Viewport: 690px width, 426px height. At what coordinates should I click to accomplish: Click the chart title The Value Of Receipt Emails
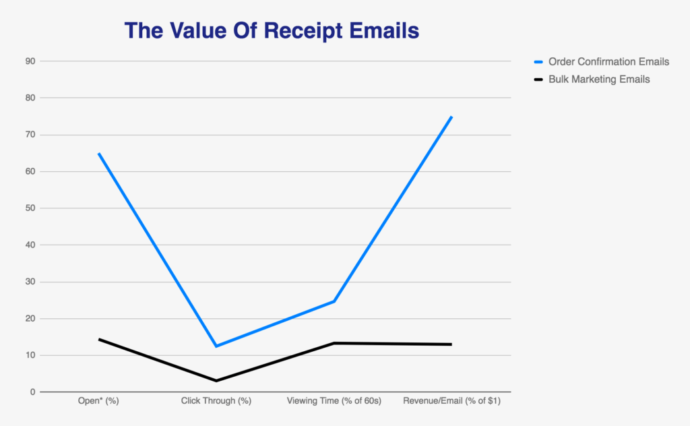pos(272,30)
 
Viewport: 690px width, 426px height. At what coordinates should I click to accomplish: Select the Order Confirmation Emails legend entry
pos(608,61)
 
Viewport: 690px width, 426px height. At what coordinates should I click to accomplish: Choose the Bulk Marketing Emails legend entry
pos(599,79)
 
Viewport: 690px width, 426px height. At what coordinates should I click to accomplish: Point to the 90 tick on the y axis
pos(30,61)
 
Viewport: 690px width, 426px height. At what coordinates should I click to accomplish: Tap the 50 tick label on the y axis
pos(30,208)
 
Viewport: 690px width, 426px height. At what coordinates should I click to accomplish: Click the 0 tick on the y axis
pos(32,392)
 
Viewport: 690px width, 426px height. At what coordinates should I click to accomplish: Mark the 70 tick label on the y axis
pos(30,135)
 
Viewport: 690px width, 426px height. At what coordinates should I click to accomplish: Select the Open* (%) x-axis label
pos(98,401)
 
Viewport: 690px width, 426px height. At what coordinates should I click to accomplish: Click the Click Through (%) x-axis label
pos(216,401)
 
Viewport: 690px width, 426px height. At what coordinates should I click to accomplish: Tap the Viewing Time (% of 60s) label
pos(334,401)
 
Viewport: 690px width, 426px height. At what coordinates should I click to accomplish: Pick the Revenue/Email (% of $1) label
pos(451,401)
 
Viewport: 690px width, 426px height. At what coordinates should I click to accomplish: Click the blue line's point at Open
pos(99,154)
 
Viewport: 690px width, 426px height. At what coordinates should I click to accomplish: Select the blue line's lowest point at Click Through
pos(216,346)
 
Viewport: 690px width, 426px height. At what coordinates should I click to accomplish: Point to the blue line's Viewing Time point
pos(334,301)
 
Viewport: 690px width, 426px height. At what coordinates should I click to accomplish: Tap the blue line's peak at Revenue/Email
pos(451,117)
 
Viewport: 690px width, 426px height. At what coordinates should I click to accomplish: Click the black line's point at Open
pos(99,339)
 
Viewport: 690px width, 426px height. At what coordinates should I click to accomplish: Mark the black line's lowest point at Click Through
pos(216,381)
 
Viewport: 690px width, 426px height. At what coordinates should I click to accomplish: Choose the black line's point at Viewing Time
pos(334,343)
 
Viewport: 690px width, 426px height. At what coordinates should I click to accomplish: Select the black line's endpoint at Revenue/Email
pos(451,344)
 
